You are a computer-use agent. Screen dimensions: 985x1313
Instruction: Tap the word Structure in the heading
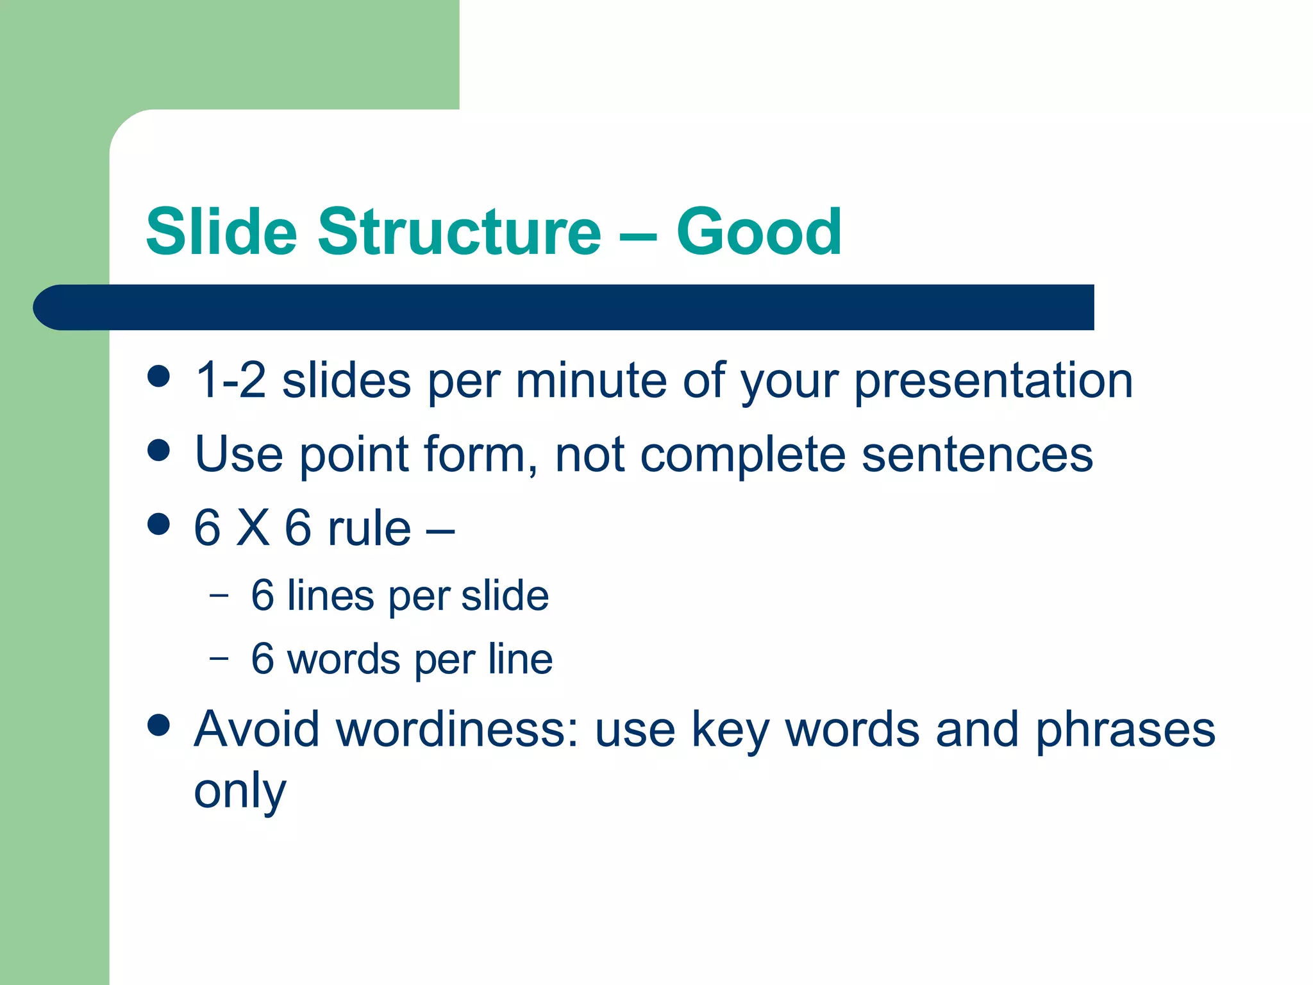click(459, 232)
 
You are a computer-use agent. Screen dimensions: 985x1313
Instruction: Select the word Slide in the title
click(222, 232)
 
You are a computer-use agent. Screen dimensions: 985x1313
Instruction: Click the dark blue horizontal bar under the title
click(564, 307)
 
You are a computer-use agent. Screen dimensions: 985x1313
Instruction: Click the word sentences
click(977, 455)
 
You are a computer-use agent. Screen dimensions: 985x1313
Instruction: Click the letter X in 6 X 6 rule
click(253, 528)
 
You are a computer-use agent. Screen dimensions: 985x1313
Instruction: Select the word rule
click(369, 528)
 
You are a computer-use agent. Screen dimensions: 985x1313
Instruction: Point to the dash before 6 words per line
click(219, 658)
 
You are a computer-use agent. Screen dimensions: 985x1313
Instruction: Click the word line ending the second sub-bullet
click(519, 659)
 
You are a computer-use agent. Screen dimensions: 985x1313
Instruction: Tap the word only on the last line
click(240, 792)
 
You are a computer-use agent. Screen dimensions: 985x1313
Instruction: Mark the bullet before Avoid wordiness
click(158, 725)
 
